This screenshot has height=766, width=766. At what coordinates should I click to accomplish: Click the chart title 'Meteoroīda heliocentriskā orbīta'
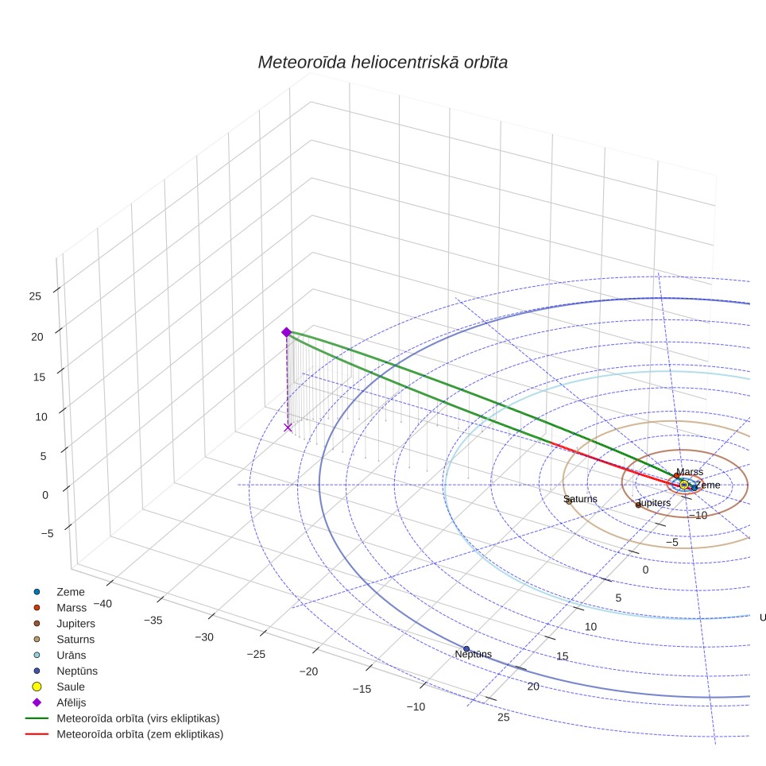(x=382, y=63)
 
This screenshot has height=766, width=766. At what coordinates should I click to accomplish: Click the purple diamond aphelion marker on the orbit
(x=287, y=332)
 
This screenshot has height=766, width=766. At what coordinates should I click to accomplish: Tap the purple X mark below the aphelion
(x=288, y=428)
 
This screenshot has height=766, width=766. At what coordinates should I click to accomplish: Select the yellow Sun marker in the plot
(x=684, y=485)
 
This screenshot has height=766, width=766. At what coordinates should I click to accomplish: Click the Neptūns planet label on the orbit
(x=473, y=654)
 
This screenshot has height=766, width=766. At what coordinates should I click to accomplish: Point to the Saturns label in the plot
(x=580, y=499)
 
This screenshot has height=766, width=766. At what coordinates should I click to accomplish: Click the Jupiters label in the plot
(x=654, y=503)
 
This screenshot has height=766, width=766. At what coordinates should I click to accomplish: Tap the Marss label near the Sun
(x=690, y=472)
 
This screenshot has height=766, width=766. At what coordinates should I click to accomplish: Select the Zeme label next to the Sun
(x=708, y=485)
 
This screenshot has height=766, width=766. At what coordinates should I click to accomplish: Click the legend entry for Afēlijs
(x=72, y=702)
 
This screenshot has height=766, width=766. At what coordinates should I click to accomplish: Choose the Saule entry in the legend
(x=71, y=687)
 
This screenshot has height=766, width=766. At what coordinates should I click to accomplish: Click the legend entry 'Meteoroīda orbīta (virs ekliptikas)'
(x=138, y=718)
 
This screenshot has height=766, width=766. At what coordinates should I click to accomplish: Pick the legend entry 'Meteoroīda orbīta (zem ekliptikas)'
(x=140, y=734)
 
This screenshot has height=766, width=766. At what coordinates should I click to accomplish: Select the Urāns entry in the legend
(x=72, y=655)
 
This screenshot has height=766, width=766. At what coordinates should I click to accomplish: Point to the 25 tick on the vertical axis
(x=35, y=296)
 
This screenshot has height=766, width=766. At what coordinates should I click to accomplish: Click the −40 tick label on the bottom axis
(x=103, y=604)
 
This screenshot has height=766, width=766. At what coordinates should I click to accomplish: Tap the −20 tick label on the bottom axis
(x=308, y=671)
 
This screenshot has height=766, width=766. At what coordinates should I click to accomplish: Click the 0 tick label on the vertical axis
(x=45, y=495)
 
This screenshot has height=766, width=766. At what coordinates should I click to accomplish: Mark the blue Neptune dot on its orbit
(x=466, y=648)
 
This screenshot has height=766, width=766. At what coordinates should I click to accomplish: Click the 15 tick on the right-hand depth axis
(x=563, y=656)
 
